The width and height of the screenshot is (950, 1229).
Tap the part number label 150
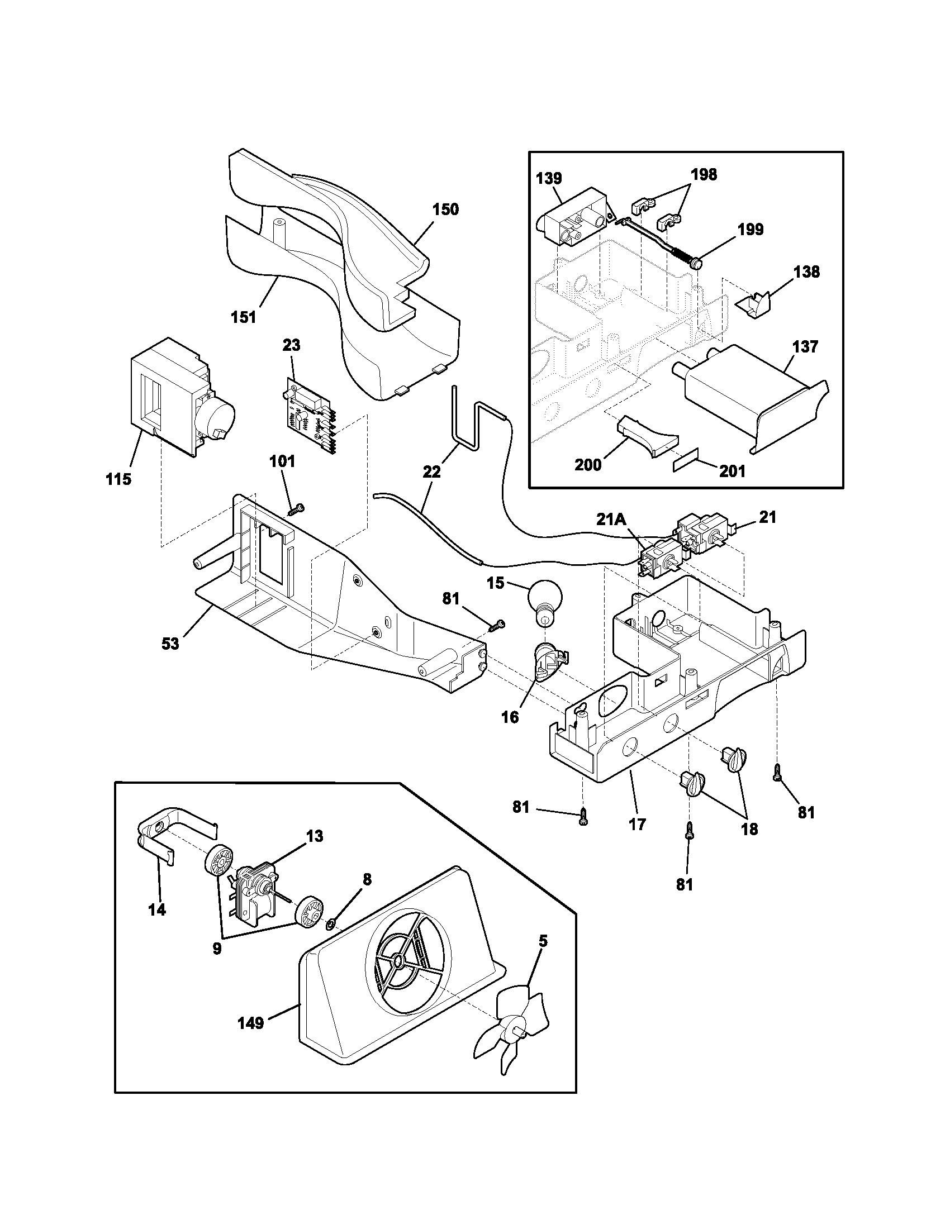[445, 209]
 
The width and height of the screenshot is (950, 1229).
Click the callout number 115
[118, 479]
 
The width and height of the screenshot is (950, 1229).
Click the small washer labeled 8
[330, 922]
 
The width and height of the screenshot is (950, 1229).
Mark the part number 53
[170, 643]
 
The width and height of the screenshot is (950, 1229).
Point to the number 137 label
[805, 347]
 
